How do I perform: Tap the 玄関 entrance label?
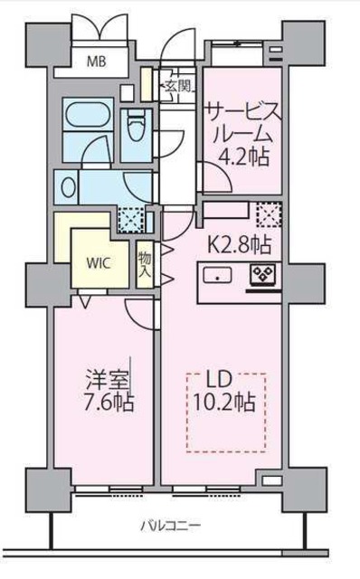[176, 86]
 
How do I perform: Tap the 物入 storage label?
[145, 263]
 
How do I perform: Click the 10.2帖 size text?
[226, 403]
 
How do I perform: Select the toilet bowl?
[137, 128]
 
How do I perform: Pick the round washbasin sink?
[68, 187]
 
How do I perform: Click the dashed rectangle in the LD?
[226, 412]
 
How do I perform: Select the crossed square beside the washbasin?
[132, 218]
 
